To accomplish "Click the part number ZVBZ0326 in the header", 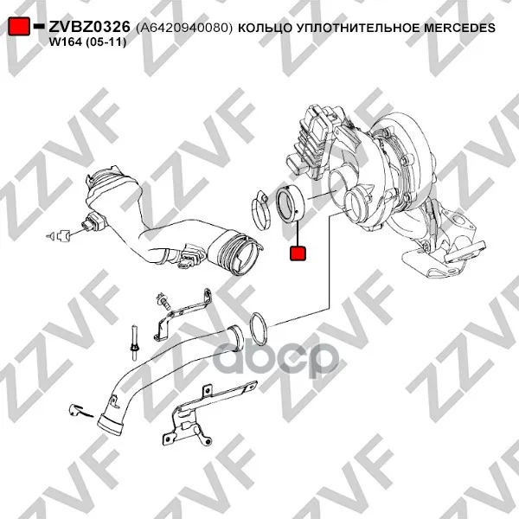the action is coord(89,27).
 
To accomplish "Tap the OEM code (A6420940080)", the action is coord(184,28).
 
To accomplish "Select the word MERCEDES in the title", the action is coord(460,28).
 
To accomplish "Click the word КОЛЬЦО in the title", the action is coord(265,28).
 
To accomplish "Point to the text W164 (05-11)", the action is coord(87,42).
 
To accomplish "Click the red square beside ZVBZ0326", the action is coord(19,27).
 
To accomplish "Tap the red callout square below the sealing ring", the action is coord(298,253).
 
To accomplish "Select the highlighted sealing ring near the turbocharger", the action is coord(290,204).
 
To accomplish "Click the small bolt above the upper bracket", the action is coord(163,300).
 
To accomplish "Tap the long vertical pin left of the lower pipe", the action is coord(134,343).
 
